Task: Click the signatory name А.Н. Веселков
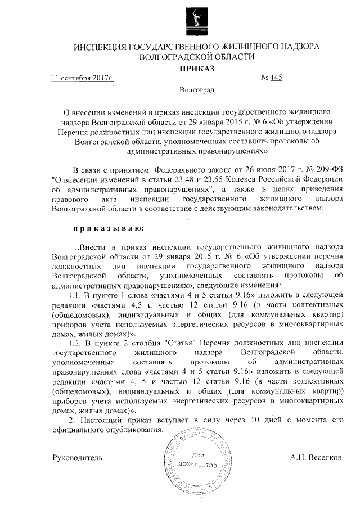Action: click(316, 458)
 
